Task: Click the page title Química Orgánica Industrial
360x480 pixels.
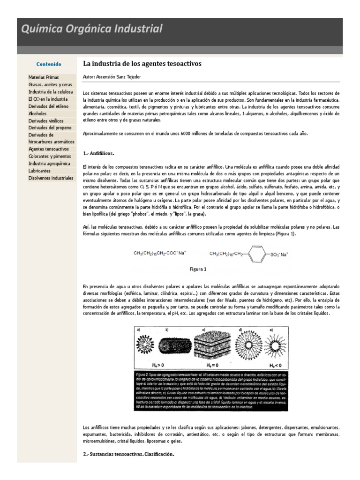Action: [x=92, y=30]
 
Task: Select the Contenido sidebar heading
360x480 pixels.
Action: [x=49, y=64]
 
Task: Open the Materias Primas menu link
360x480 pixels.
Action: [x=44, y=77]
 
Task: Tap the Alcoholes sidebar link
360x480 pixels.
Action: [x=37, y=113]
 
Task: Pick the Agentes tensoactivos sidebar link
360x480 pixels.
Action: [x=49, y=149]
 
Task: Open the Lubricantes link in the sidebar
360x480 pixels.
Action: [x=40, y=171]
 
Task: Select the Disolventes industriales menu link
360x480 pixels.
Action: [x=51, y=178]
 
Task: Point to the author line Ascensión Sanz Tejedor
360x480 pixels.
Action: [x=112, y=76]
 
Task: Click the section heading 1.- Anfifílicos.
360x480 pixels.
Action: [x=99, y=153]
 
